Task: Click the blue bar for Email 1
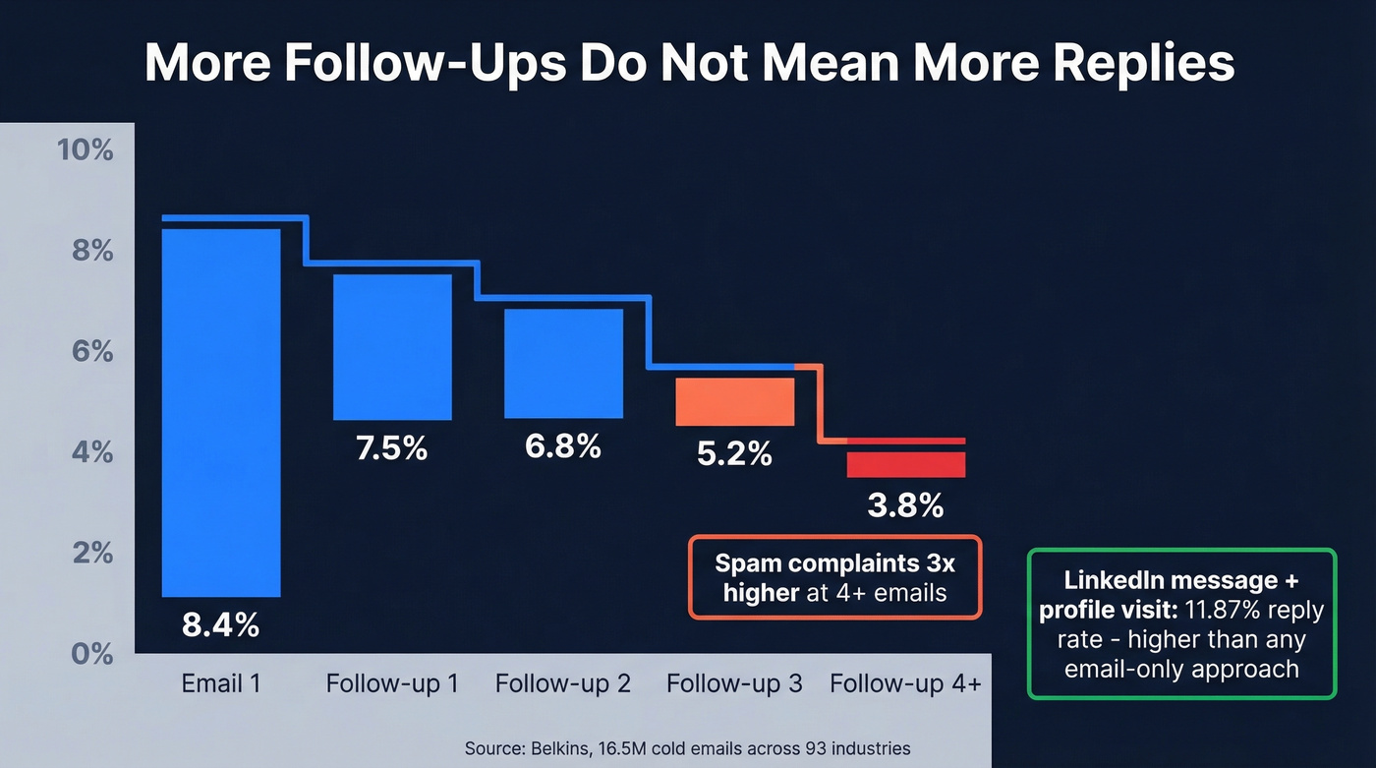[221, 413]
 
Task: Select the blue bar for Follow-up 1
[392, 347]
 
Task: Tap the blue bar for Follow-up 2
[563, 363]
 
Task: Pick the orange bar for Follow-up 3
[734, 401]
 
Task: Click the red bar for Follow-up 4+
[905, 464]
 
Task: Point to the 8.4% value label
[220, 624]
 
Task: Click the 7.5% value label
[391, 448]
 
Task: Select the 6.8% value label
[562, 445]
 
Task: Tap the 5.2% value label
[734, 453]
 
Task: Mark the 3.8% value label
[905, 505]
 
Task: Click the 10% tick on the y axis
[86, 150]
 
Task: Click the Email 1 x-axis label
[221, 683]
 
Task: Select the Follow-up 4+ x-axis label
[905, 683]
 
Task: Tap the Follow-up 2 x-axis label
[563, 683]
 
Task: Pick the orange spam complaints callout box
[834, 577]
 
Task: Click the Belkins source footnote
[688, 748]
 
